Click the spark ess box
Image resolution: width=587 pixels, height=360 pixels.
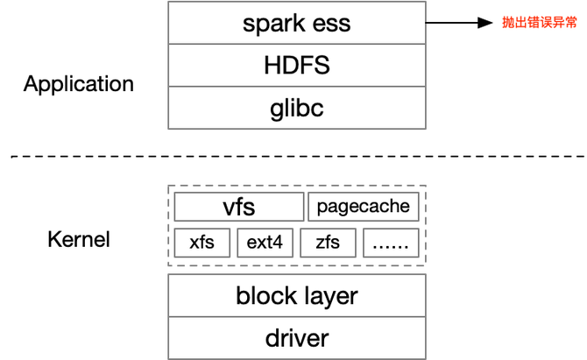[x=296, y=22]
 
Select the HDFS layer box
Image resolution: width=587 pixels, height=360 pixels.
[x=296, y=66]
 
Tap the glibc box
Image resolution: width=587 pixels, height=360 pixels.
[x=296, y=109]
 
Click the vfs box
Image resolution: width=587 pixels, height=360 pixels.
[x=238, y=208]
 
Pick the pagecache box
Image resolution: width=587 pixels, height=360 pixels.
[x=363, y=208]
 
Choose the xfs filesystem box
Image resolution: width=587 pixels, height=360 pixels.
[x=202, y=243]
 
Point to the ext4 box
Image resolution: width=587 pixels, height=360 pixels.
[x=265, y=243]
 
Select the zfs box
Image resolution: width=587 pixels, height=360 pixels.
[x=328, y=243]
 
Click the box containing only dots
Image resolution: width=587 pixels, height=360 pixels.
[x=390, y=243]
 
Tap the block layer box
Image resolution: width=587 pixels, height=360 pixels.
[x=296, y=295]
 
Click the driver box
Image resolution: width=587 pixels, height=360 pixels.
[x=296, y=338]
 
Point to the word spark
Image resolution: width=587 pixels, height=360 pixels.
[x=271, y=23]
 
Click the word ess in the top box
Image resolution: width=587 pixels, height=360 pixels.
[x=331, y=23]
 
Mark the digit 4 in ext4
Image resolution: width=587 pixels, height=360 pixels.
[x=278, y=243]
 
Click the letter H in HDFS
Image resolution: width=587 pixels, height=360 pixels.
[x=271, y=66]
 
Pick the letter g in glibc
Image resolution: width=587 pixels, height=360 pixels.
[x=277, y=110]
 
